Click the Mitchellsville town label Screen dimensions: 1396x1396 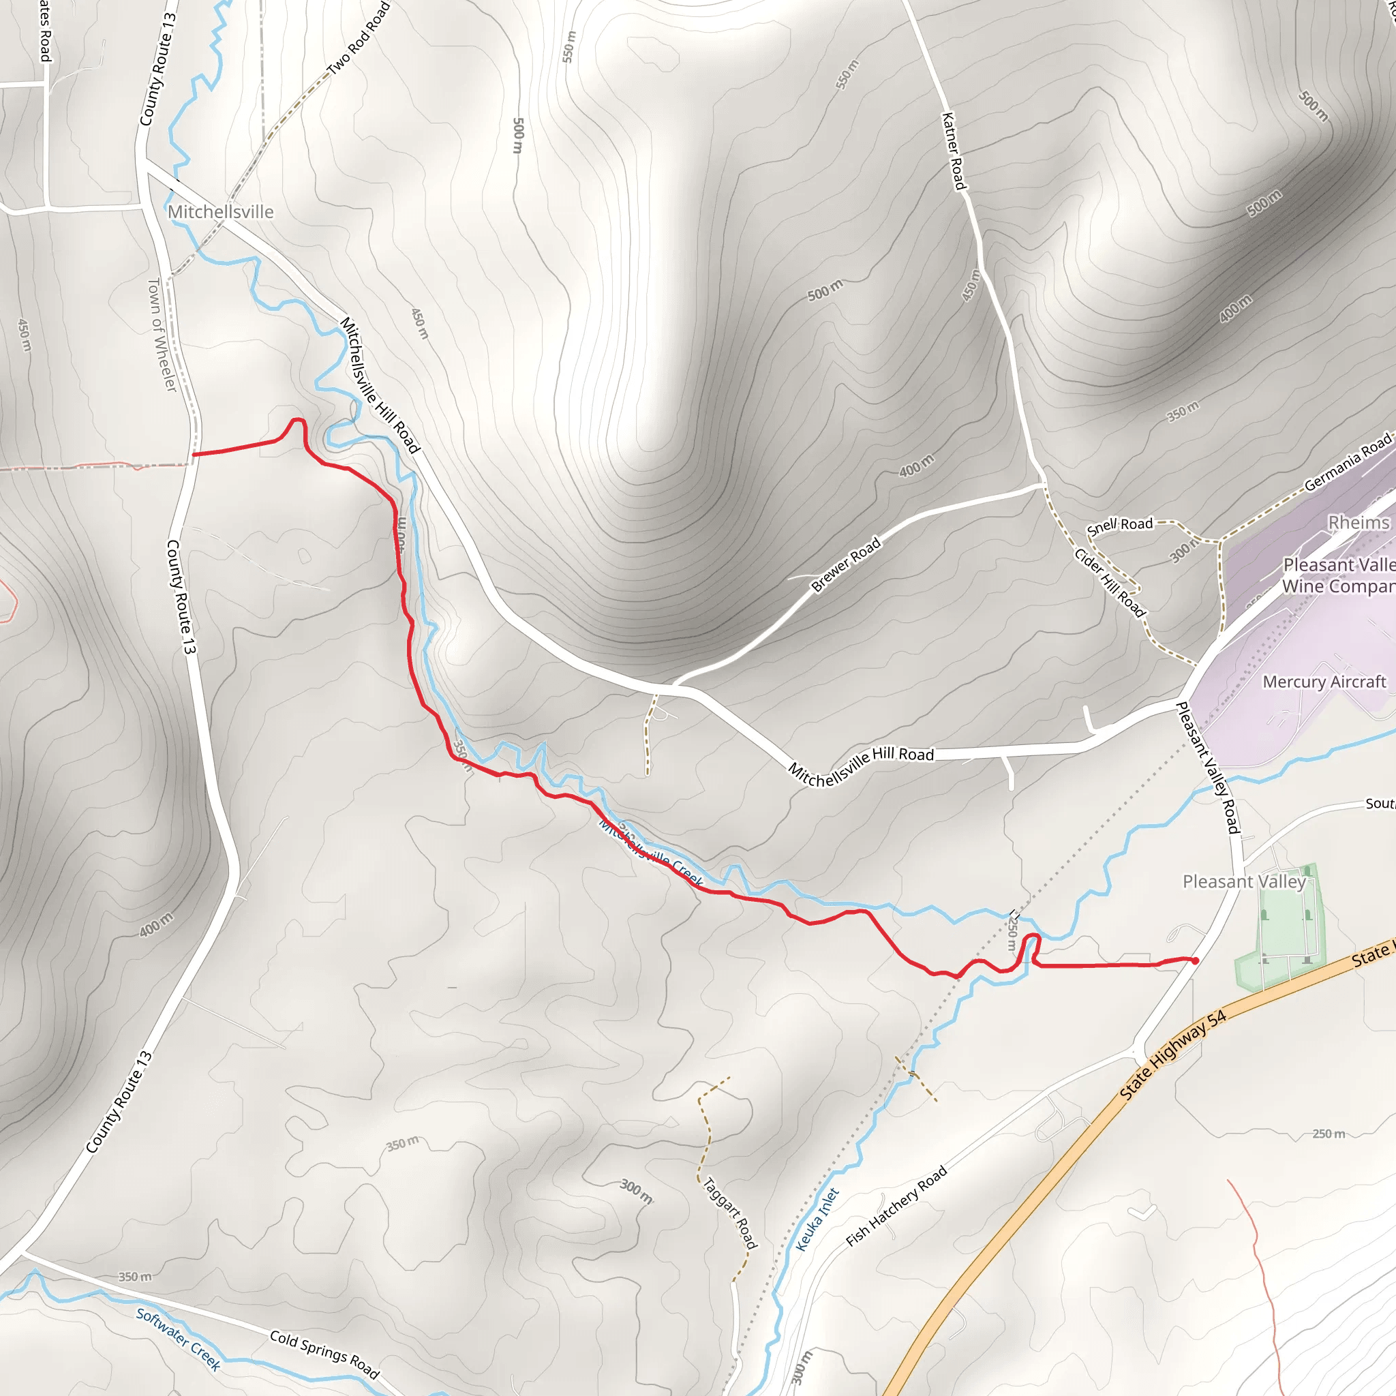click(x=220, y=212)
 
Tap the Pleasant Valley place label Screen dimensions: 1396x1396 click(x=1243, y=881)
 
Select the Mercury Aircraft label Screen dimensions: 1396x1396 click(x=1324, y=682)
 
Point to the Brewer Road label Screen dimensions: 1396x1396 click(x=845, y=564)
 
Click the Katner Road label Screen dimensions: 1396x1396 click(x=954, y=151)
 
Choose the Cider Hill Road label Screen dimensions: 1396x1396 click(x=1109, y=583)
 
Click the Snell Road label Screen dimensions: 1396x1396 click(x=1119, y=526)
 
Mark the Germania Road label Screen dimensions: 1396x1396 click(x=1347, y=462)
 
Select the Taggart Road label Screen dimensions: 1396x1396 click(x=730, y=1214)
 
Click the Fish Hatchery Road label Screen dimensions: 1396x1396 click(x=896, y=1207)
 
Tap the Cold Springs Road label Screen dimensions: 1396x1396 click(x=324, y=1354)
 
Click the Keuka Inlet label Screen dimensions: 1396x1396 click(x=817, y=1219)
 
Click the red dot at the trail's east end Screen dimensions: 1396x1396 click(x=1195, y=961)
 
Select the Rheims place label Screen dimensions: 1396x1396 click(x=1359, y=522)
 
